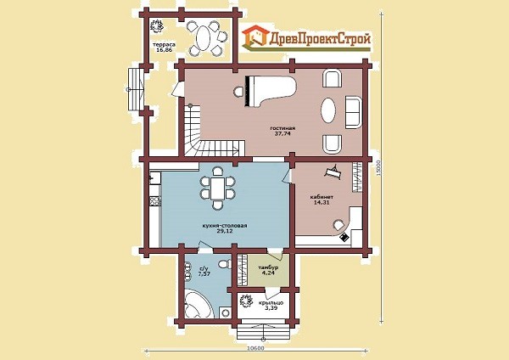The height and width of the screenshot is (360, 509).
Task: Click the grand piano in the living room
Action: pyautogui.click(x=271, y=91)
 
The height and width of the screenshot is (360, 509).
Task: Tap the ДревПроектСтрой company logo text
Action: pyautogui.click(x=320, y=39)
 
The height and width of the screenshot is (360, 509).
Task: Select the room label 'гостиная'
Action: pyautogui.click(x=282, y=128)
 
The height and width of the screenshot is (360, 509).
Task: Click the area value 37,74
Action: pyautogui.click(x=282, y=133)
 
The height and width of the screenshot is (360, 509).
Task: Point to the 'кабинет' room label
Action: pyautogui.click(x=322, y=197)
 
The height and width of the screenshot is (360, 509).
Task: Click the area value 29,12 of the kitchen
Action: pyautogui.click(x=224, y=231)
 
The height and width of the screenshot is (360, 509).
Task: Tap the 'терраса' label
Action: pyautogui.click(x=165, y=44)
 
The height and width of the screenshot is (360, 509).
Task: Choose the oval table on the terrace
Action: pyautogui.click(x=204, y=38)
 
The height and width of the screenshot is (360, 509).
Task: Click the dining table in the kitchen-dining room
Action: pyautogui.click(x=217, y=188)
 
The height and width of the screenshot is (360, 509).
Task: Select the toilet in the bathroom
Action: pyautogui.click(x=224, y=264)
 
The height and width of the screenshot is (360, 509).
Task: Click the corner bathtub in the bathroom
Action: pyautogui.click(x=197, y=303)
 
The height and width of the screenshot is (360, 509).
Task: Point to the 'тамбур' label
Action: pyautogui.click(x=268, y=267)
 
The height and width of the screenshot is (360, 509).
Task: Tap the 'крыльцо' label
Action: pyautogui.click(x=271, y=302)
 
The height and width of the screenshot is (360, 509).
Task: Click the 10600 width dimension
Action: pyautogui.click(x=256, y=348)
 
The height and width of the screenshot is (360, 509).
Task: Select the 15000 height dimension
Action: pyautogui.click(x=378, y=167)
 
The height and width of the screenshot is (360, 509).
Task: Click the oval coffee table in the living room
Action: pyautogui.click(x=328, y=110)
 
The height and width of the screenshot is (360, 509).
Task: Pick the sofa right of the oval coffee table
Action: pyautogui.click(x=353, y=112)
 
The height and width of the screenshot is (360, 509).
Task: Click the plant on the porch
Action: pyautogui.click(x=246, y=301)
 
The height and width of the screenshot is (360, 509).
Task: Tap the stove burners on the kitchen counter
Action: pyautogui.click(x=155, y=201)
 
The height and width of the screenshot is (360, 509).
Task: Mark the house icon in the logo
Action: pyautogui.click(x=256, y=36)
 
